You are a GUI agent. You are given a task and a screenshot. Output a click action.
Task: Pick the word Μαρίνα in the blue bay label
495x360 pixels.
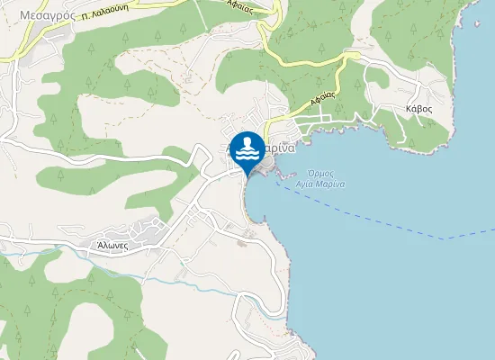click(333, 184)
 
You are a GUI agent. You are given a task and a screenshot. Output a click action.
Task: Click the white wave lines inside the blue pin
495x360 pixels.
click(247, 155)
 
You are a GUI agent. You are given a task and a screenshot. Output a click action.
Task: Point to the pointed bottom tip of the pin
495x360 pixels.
click(247, 175)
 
